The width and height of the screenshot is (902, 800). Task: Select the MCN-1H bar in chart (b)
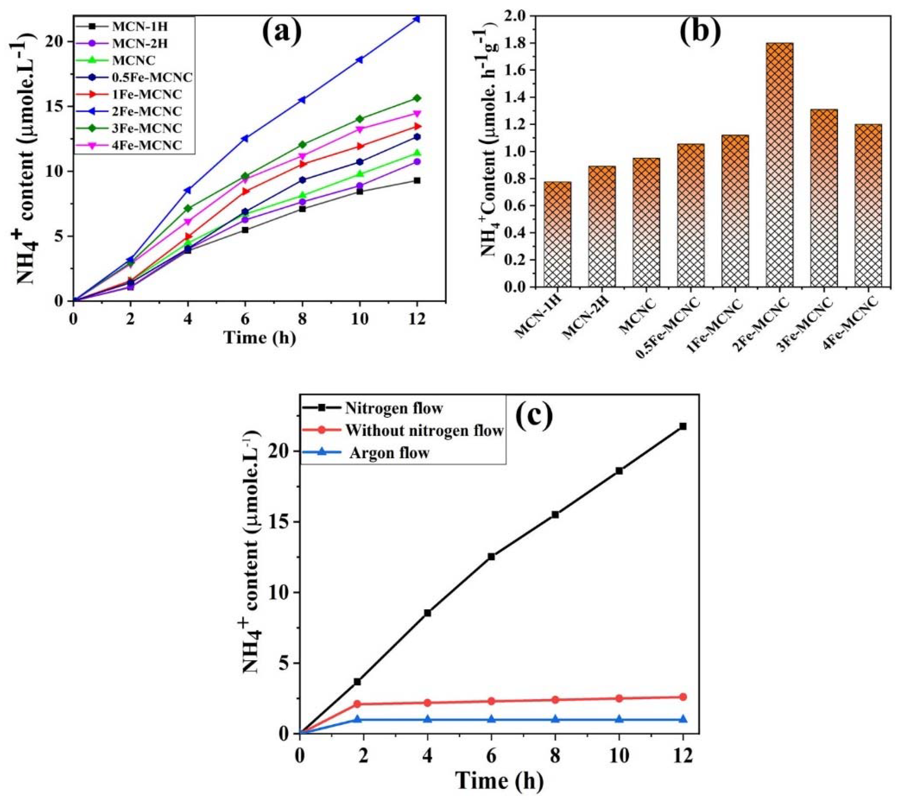[557, 234]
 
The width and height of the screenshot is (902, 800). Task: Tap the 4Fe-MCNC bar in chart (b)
[868, 205]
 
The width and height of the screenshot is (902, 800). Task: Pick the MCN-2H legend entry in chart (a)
[139, 43]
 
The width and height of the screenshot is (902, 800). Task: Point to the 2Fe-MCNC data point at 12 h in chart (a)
[416, 19]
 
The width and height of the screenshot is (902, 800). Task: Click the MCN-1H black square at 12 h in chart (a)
[416, 180]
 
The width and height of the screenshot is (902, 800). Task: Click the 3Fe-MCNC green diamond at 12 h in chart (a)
[416, 98]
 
